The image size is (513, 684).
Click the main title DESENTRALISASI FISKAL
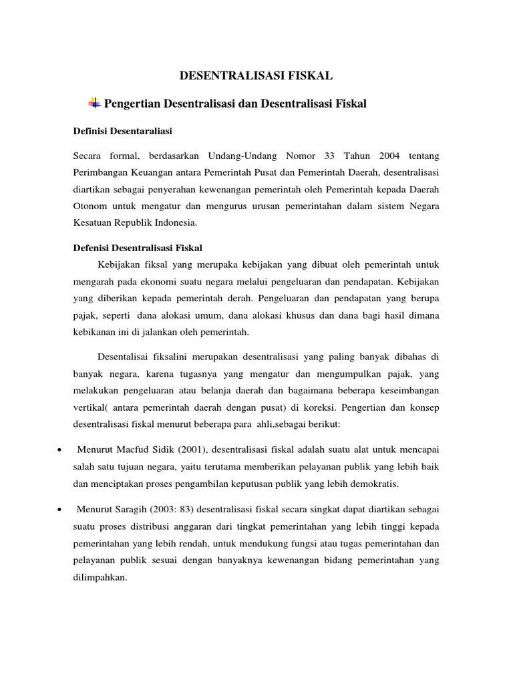tap(256, 76)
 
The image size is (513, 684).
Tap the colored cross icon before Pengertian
tap(94, 103)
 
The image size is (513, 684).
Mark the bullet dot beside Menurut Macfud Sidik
tap(60, 450)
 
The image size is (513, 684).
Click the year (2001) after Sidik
tap(191, 449)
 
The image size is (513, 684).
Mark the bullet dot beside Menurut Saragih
tap(60, 510)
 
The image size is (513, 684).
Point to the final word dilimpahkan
tap(100, 576)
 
